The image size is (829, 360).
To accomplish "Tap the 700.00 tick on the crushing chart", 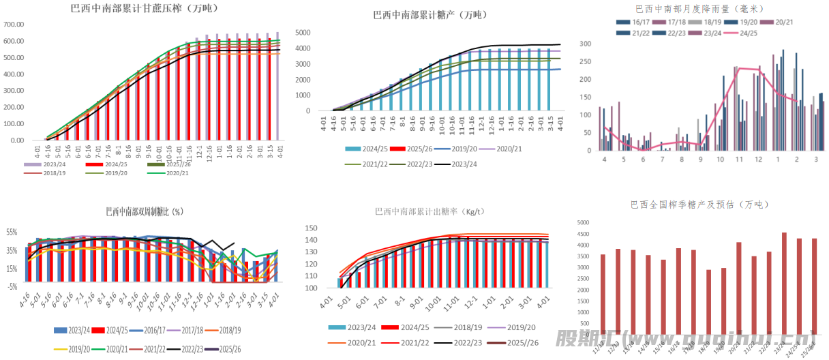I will (x=14, y=25).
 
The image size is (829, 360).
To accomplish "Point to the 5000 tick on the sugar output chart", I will (x=303, y=33).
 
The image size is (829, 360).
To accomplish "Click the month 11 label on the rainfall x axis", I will (x=738, y=159).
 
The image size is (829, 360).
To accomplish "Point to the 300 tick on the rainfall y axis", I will (x=585, y=44).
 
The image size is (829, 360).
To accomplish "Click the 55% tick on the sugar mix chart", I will (x=12, y=232).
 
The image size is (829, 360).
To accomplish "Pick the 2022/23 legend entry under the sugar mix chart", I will (x=181, y=348).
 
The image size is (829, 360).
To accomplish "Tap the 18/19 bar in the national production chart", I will (x=708, y=301).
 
